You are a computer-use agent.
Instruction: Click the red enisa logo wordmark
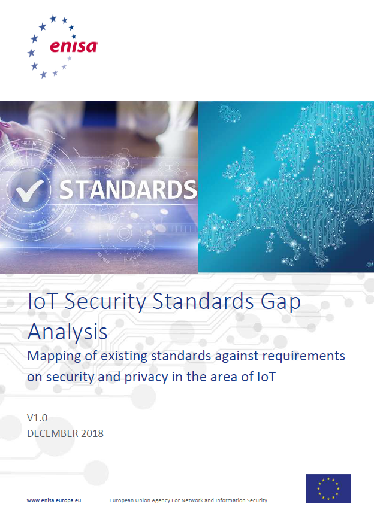[x=74, y=46]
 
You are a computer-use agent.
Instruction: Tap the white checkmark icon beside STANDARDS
[x=30, y=190]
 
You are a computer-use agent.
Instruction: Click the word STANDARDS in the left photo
[x=128, y=190]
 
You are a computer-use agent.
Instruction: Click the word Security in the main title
[x=105, y=301]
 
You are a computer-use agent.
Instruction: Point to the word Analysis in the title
[x=68, y=332]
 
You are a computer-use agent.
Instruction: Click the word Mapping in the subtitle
[x=54, y=357]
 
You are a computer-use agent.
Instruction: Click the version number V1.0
[x=37, y=418]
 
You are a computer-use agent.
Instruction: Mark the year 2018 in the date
[x=92, y=433]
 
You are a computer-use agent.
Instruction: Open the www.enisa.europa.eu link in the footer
[x=54, y=500]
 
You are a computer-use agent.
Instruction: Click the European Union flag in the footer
[x=328, y=488]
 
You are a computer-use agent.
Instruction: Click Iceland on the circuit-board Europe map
[x=230, y=114]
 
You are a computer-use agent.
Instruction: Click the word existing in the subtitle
[x=124, y=356]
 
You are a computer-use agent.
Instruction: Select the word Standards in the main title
[x=203, y=301]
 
